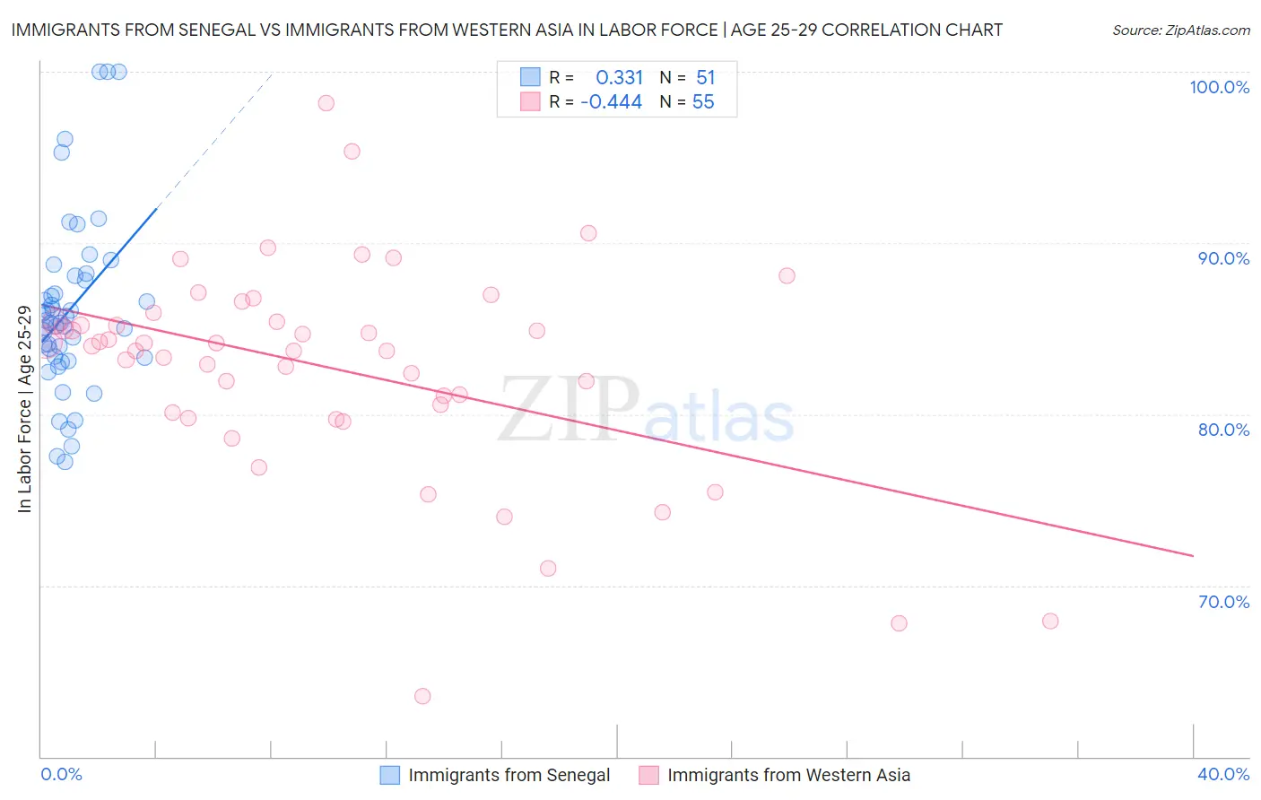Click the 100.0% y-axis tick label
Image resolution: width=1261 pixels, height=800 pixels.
[x=1219, y=87]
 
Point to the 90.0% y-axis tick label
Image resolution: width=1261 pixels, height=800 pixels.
[x=1223, y=258]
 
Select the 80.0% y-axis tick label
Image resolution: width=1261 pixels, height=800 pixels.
[x=1223, y=430]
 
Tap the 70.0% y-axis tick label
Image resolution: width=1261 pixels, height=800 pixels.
[x=1223, y=602]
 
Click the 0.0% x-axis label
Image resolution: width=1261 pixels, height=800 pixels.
[x=61, y=774]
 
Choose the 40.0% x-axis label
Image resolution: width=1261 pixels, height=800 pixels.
[x=1223, y=774]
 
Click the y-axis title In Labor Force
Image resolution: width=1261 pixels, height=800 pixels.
[x=24, y=409]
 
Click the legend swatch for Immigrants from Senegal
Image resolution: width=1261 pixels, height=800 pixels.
[x=390, y=775]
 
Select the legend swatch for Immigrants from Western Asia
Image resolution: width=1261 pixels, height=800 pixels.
[x=648, y=775]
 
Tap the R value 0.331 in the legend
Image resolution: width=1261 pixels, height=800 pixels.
[x=619, y=77]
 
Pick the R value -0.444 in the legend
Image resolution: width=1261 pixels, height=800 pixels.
[x=611, y=102]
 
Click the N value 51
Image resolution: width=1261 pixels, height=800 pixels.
[x=705, y=77]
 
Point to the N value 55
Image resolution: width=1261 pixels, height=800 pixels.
[x=703, y=102]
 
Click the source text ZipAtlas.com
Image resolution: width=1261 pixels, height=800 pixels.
[x=1181, y=30]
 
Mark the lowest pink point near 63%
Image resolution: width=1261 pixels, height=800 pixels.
[x=422, y=696]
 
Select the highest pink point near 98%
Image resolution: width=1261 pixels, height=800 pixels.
[x=326, y=103]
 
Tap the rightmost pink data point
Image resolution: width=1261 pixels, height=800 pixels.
[x=1050, y=621]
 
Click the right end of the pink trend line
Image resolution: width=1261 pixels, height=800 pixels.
[x=1193, y=556]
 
